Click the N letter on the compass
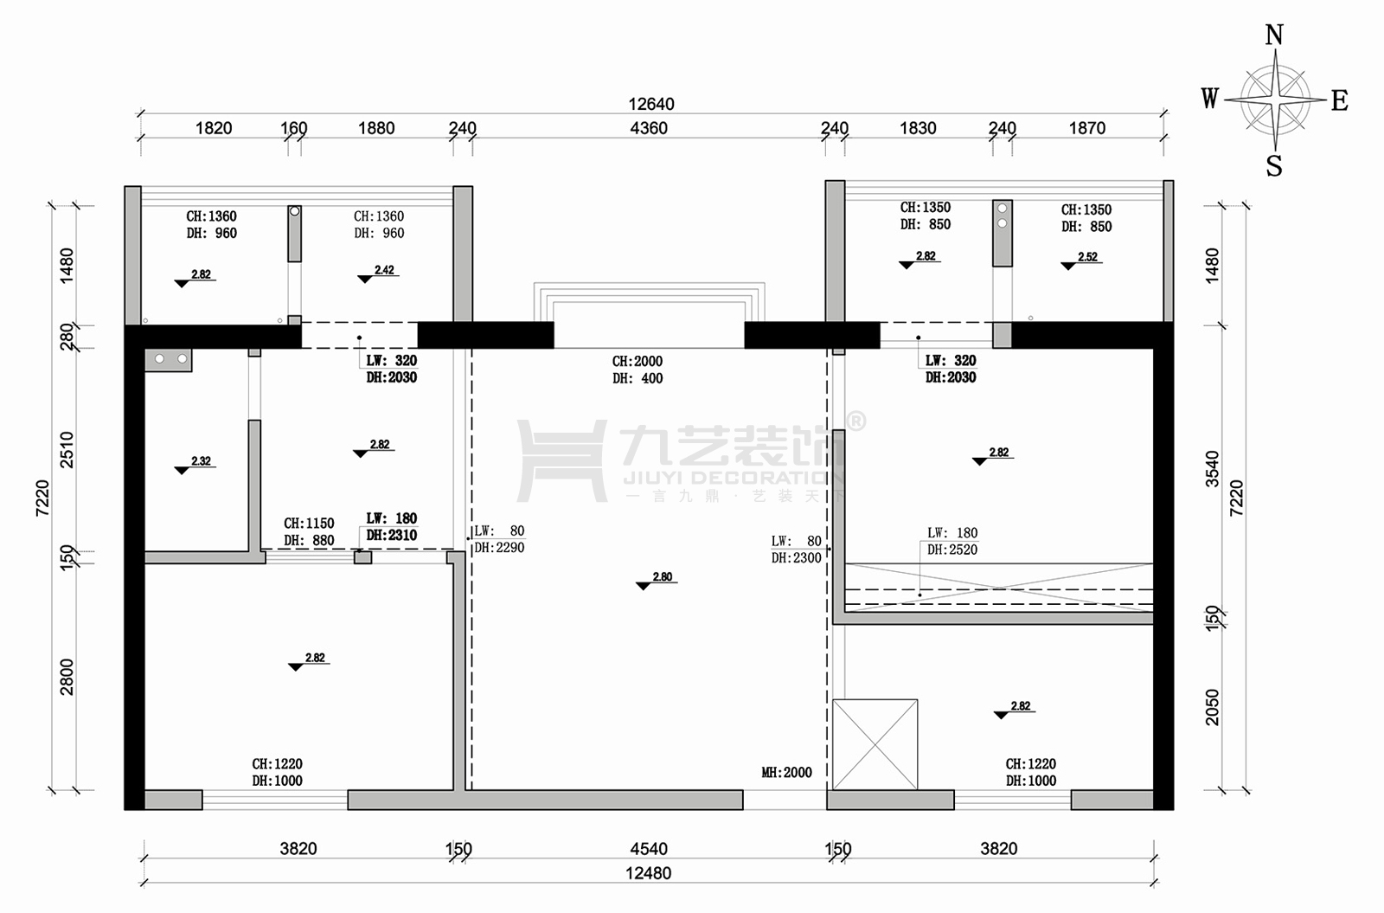point(1274,35)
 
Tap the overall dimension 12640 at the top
point(651,104)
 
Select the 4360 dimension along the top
point(649,128)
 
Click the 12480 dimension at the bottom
point(648,873)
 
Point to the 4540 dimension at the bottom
point(649,849)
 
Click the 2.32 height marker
point(195,465)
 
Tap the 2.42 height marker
point(378,273)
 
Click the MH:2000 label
point(786,772)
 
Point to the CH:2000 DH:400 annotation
point(638,370)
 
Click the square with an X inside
point(875,744)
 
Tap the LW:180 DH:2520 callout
point(952,541)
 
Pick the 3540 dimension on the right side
point(1212,468)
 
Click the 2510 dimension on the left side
point(66,449)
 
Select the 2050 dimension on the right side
point(1212,706)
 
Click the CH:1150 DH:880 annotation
point(309,531)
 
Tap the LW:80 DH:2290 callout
point(499,539)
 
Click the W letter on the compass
point(1210,99)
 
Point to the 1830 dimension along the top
point(918,128)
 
